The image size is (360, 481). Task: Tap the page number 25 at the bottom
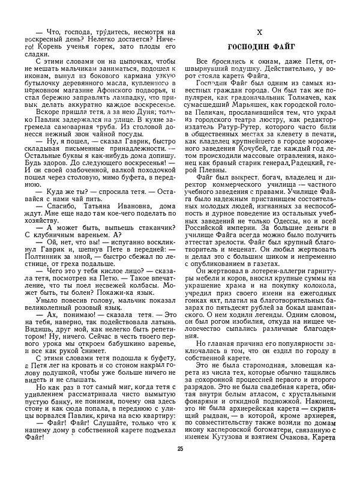(x=180, y=465)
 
